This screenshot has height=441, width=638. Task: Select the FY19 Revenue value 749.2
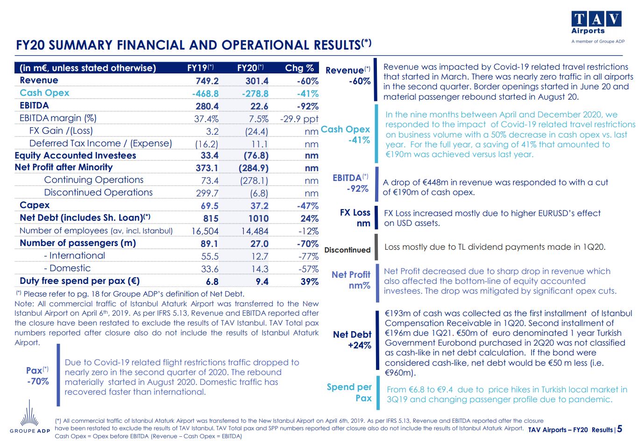pyautogui.click(x=207, y=81)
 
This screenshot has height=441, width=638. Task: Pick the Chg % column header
pyautogui.click(x=299, y=68)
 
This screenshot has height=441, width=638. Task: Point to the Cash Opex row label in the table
pyautogui.click(x=44, y=93)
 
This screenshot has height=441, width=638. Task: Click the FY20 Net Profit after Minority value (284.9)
pyautogui.click(x=253, y=168)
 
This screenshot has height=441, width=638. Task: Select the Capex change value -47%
pyautogui.click(x=307, y=206)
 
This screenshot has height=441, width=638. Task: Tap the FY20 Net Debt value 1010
pyautogui.click(x=258, y=218)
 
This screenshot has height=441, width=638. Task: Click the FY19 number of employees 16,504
pyautogui.click(x=205, y=231)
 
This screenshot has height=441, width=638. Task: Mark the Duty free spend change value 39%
pyautogui.click(x=309, y=282)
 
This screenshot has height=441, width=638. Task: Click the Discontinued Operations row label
pyautogui.click(x=98, y=193)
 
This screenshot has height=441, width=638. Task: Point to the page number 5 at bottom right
pyautogui.click(x=619, y=429)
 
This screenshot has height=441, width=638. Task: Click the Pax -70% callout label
pyautogui.click(x=37, y=376)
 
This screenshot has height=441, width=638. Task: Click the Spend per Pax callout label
pyautogui.click(x=349, y=392)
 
